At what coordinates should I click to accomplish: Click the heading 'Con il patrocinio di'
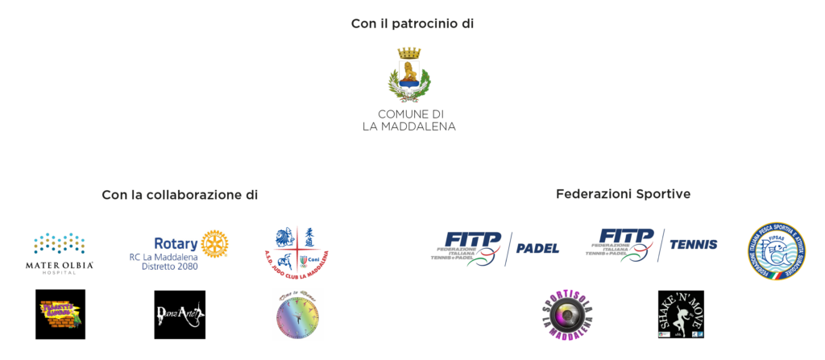pyautogui.click(x=412, y=24)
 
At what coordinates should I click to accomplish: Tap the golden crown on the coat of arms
pyautogui.click(x=408, y=52)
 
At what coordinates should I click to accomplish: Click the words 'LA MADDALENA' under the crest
pyautogui.click(x=408, y=127)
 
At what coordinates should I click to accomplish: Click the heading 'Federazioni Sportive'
pyautogui.click(x=623, y=194)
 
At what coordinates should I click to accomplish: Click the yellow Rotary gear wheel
pyautogui.click(x=214, y=245)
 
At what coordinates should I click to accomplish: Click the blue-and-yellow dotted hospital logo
pyautogui.click(x=60, y=244)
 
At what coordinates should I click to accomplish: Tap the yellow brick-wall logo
pyautogui.click(x=61, y=313)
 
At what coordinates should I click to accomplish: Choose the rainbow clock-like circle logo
pyautogui.click(x=297, y=315)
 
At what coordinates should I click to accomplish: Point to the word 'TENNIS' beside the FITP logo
pyautogui.click(x=693, y=244)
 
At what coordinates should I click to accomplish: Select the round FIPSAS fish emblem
pyautogui.click(x=776, y=251)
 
